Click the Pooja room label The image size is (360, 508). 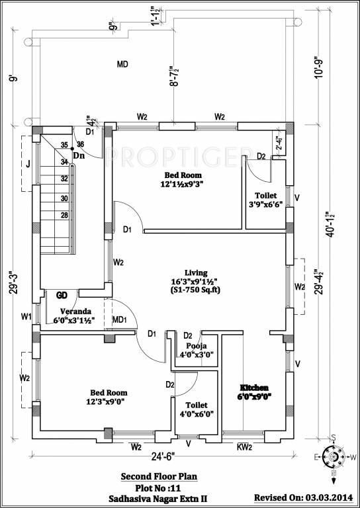pos(197,345)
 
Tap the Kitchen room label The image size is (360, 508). pos(255,387)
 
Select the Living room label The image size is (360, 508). pos(196,273)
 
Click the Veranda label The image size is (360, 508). pos(75,311)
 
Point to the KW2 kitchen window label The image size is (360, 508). pos(244,447)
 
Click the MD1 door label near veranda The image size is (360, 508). pos(120,319)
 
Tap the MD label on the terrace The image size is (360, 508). pos(122,64)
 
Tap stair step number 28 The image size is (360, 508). pos(65,215)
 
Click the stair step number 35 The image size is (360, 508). pos(65,145)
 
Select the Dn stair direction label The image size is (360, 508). pos(78,156)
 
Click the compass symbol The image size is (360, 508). pos(334,456)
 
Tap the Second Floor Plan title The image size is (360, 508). pos(158,476)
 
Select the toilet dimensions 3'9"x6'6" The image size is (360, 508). pos(266,206)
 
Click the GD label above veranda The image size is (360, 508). pos(62,295)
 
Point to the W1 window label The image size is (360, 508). pos(25,317)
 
